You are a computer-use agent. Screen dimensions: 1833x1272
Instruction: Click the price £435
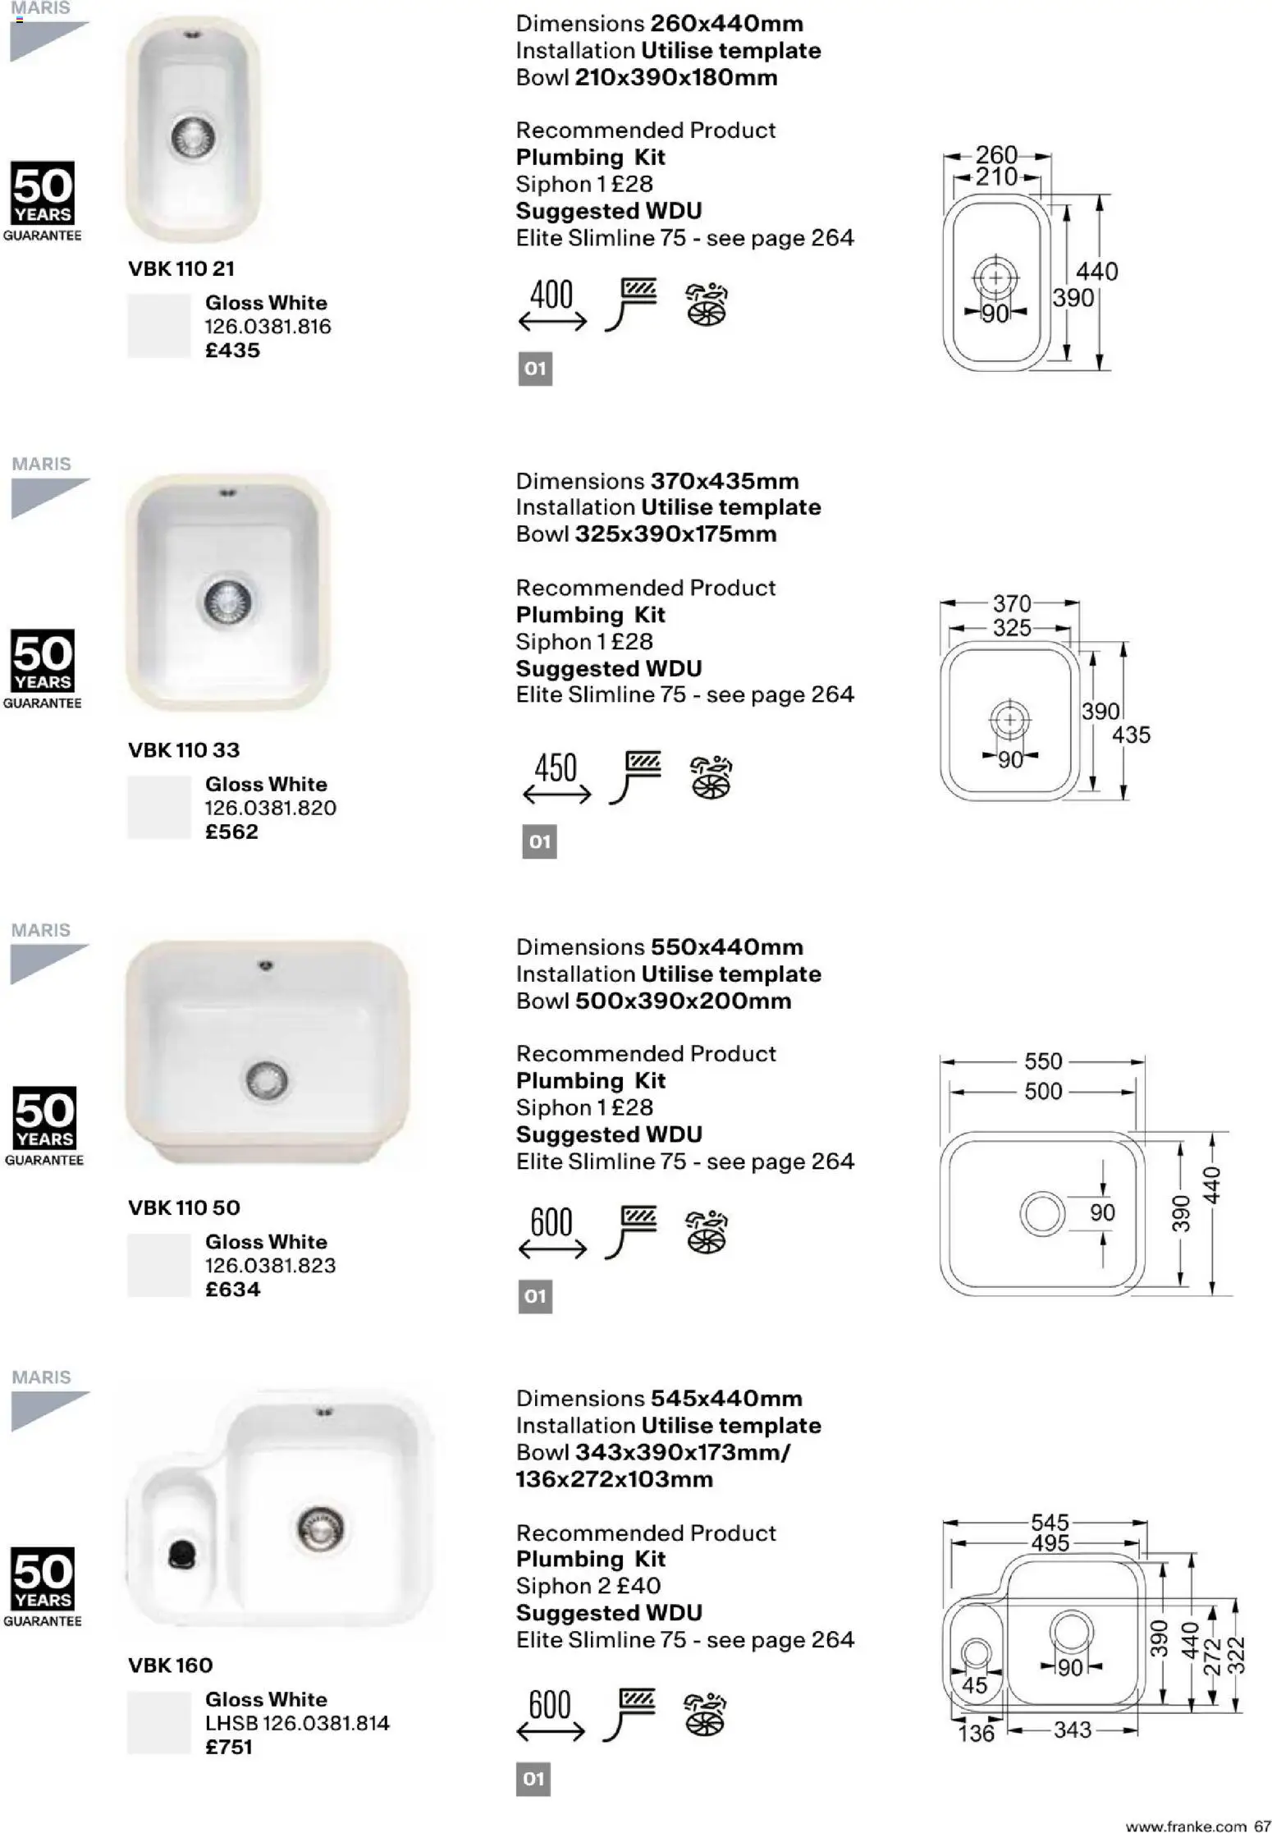[x=232, y=351]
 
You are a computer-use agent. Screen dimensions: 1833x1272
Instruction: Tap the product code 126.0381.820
[x=270, y=808]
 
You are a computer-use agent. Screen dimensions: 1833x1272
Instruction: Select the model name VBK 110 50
[x=184, y=1207]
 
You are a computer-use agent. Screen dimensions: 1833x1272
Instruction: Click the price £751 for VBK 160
[x=229, y=1747]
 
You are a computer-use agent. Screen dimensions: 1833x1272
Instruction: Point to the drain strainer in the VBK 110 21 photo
[x=194, y=137]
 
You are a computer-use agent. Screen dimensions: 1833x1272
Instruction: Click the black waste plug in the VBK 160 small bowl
[x=182, y=1553]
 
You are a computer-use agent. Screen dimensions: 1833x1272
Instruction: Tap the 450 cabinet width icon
[x=556, y=777]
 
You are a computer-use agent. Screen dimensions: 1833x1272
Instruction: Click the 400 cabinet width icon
[x=551, y=304]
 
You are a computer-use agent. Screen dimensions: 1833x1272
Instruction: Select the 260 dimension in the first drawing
[x=995, y=154]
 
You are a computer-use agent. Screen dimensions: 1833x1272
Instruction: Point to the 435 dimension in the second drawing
[x=1131, y=735]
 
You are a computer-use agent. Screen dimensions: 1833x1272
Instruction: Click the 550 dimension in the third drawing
[x=1043, y=1061]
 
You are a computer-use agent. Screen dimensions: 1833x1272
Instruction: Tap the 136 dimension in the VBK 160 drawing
[x=976, y=1733]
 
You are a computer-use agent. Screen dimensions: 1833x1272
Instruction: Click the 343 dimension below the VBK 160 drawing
[x=1072, y=1730]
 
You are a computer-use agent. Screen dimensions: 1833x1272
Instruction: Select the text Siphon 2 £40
[x=588, y=1585]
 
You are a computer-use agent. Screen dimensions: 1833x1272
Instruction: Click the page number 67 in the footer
[x=1262, y=1826]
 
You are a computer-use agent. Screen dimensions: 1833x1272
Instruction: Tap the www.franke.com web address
[x=1186, y=1826]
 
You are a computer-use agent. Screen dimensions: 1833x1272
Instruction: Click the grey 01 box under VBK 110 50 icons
[x=535, y=1296]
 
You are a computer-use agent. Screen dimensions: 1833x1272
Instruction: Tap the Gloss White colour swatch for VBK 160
[x=158, y=1722]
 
